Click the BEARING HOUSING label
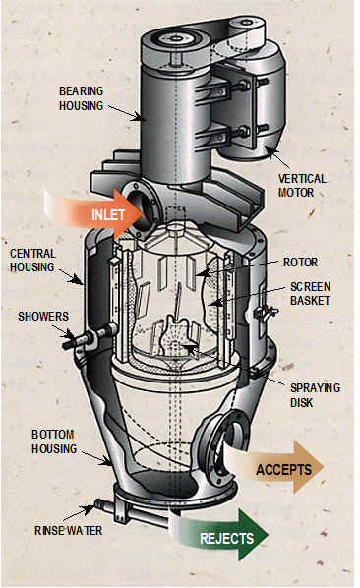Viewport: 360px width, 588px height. [x=81, y=98]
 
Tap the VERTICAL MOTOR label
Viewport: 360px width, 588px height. [x=302, y=185]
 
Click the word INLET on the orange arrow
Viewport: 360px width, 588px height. [x=108, y=215]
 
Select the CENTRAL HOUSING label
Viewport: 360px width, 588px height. [x=32, y=261]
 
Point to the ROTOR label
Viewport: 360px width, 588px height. [x=300, y=263]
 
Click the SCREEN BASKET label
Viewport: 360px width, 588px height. [x=311, y=294]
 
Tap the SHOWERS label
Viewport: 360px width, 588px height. [x=43, y=317]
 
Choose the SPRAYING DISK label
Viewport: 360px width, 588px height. [x=315, y=395]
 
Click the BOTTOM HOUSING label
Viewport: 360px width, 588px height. [x=54, y=441]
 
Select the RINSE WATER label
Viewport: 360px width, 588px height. [x=68, y=531]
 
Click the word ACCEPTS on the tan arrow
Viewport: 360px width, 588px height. [x=283, y=469]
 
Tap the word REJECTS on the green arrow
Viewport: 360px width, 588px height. [x=226, y=539]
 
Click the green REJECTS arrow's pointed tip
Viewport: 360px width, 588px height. [x=269, y=535]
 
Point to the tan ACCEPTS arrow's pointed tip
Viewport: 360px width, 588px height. [x=323, y=467]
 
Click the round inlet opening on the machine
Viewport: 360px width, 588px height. [x=142, y=210]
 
